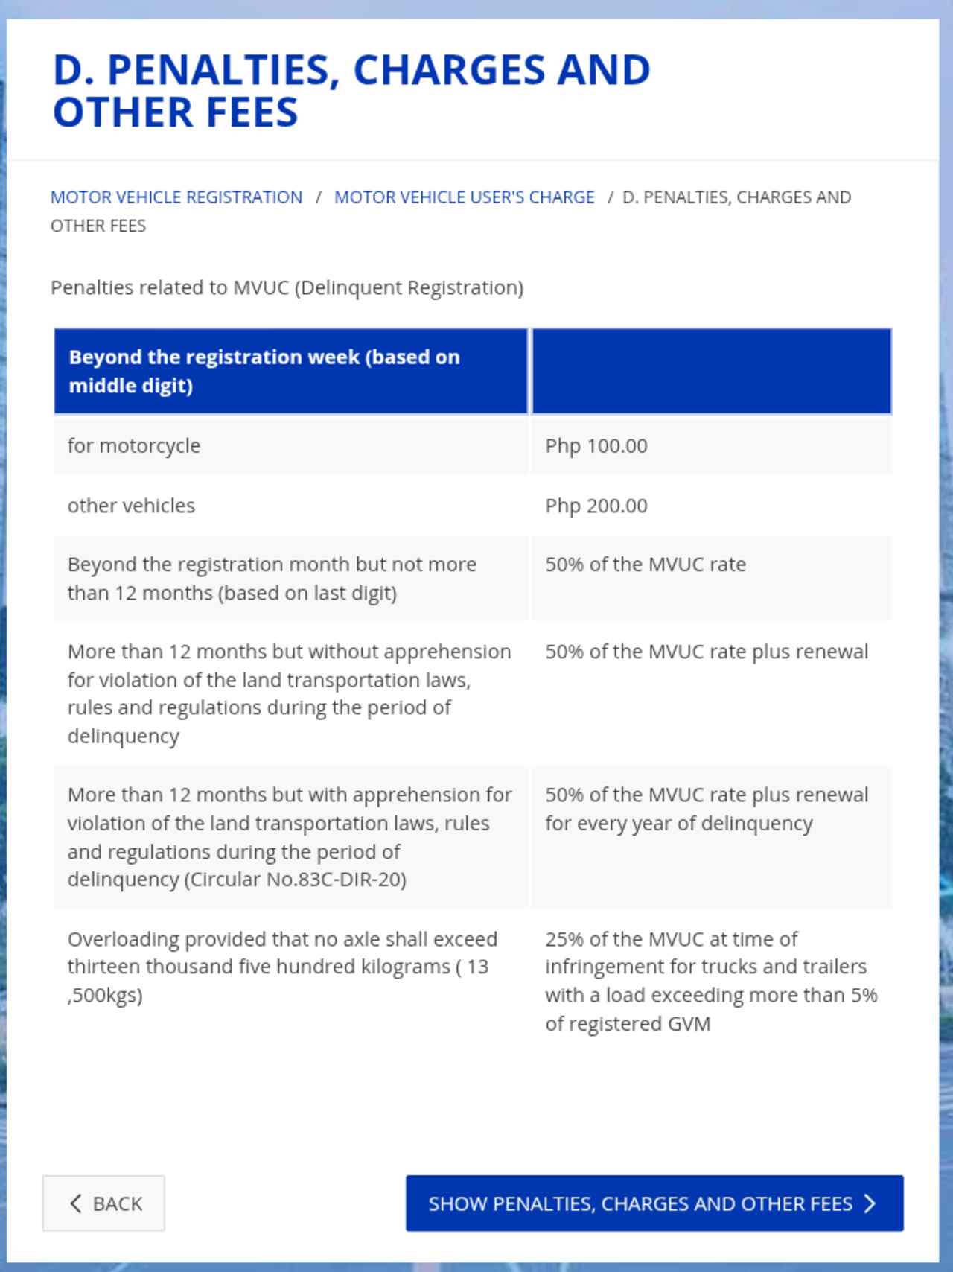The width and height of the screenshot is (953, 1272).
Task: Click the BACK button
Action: click(103, 1203)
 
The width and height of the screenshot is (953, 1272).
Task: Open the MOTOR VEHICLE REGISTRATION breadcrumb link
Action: click(176, 197)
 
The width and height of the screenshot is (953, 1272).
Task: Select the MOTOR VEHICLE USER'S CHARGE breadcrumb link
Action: click(464, 197)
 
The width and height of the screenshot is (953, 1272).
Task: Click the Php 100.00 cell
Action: click(596, 446)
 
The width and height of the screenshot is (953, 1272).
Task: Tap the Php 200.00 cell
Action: click(596, 506)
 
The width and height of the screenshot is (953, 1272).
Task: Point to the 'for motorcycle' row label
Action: click(134, 446)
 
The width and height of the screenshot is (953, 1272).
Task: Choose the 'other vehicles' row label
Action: click(131, 506)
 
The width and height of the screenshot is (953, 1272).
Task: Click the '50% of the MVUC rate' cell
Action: click(646, 565)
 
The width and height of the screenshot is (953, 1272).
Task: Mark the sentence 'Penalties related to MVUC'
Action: click(287, 288)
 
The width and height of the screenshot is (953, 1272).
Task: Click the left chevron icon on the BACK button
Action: click(75, 1203)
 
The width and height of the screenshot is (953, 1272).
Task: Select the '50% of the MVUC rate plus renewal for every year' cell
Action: click(706, 809)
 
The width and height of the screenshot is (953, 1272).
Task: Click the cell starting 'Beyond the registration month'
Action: click(272, 579)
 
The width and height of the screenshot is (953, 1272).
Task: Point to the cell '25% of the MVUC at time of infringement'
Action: click(710, 981)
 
